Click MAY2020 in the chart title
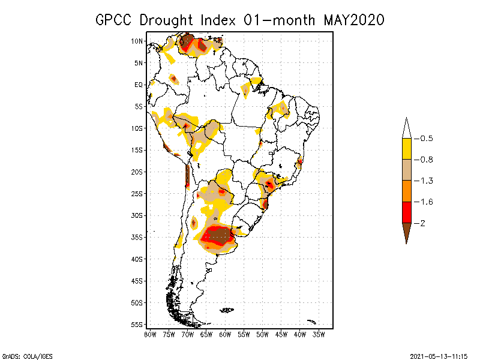353,20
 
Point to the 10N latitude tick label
138,41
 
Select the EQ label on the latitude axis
139,85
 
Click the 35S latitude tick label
138,237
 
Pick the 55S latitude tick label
138,324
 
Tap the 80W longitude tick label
150,334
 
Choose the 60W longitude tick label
225,334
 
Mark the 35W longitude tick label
319,334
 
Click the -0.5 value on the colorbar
426,139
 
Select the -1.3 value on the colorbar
426,181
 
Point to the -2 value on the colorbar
423,223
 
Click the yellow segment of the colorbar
406,149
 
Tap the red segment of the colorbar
406,212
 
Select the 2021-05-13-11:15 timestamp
439,355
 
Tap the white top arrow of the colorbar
406,129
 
